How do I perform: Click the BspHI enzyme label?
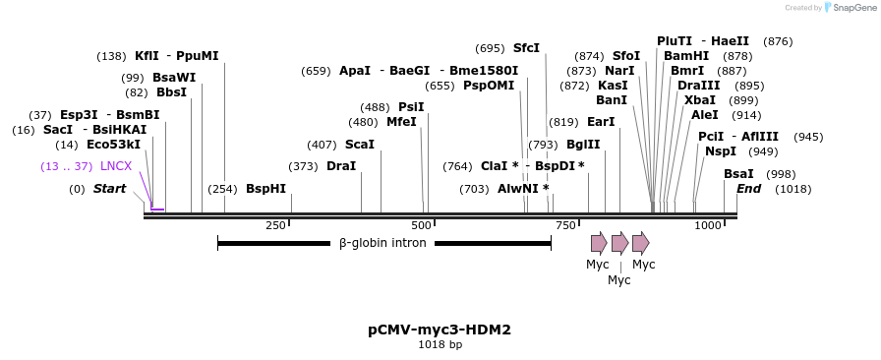coord(265,189)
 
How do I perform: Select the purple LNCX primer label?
coord(116,166)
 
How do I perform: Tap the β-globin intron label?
coord(382,243)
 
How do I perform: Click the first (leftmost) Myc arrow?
coord(599,243)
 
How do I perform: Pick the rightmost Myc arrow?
coord(640,243)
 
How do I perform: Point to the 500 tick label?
coord(421,226)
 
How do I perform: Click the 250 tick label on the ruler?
coord(275,226)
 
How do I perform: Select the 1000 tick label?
coord(707,226)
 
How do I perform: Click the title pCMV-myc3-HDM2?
coord(440,330)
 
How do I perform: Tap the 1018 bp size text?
coord(440,344)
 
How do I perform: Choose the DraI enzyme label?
coord(341,166)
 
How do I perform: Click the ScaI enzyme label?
coord(360,145)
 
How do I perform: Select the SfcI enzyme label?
coord(526,48)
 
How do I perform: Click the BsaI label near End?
coord(738,174)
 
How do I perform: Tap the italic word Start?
coord(110,189)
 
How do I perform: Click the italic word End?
coord(748,189)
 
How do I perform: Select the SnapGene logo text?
coord(849,8)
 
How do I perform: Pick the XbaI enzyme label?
coord(700,100)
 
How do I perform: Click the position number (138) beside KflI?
coord(111,56)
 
